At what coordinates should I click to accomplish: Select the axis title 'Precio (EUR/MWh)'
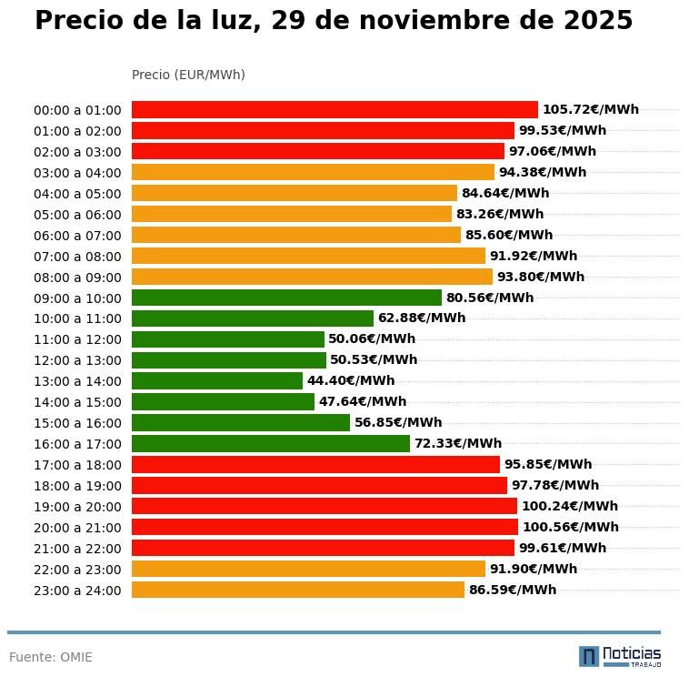click(188, 75)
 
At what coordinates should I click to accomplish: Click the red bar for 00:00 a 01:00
click(335, 110)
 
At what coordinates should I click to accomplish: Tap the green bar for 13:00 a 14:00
click(217, 381)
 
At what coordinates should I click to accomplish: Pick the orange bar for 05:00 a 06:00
click(292, 215)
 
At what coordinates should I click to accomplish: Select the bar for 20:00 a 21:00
click(325, 527)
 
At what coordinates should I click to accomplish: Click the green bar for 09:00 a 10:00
click(286, 298)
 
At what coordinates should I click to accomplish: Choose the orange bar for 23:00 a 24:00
click(298, 590)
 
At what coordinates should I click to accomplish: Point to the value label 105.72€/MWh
click(590, 110)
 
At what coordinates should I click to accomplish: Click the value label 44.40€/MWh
click(351, 381)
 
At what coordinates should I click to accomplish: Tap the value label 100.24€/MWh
click(569, 506)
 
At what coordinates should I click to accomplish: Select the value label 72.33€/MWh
click(457, 444)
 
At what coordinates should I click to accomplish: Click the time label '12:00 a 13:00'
click(77, 361)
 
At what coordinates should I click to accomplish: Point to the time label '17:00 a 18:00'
click(77, 465)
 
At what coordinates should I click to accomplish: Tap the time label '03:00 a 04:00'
click(77, 173)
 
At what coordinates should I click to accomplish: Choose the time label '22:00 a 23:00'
click(77, 570)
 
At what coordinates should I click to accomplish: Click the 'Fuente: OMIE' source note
click(51, 657)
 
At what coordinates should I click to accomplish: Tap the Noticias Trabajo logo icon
click(589, 656)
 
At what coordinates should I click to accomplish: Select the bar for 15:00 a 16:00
click(241, 423)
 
